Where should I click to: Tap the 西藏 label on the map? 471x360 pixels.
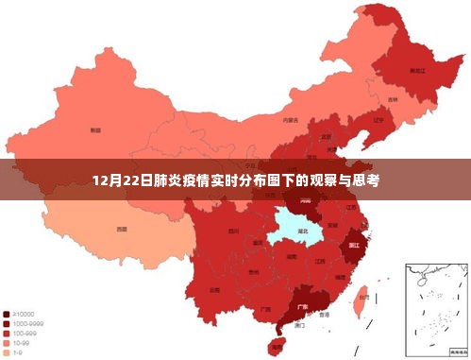click(122, 230)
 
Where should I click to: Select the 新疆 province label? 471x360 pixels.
click(94, 129)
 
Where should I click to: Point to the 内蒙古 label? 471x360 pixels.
click(291, 120)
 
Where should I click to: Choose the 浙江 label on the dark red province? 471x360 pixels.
click(356, 242)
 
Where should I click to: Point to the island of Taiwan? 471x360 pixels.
click(359, 300)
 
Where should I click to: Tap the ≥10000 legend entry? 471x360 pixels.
click(21, 314)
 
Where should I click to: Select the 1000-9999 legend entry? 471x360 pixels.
click(25, 323)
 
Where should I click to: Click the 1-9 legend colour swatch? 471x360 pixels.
click(7, 351)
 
